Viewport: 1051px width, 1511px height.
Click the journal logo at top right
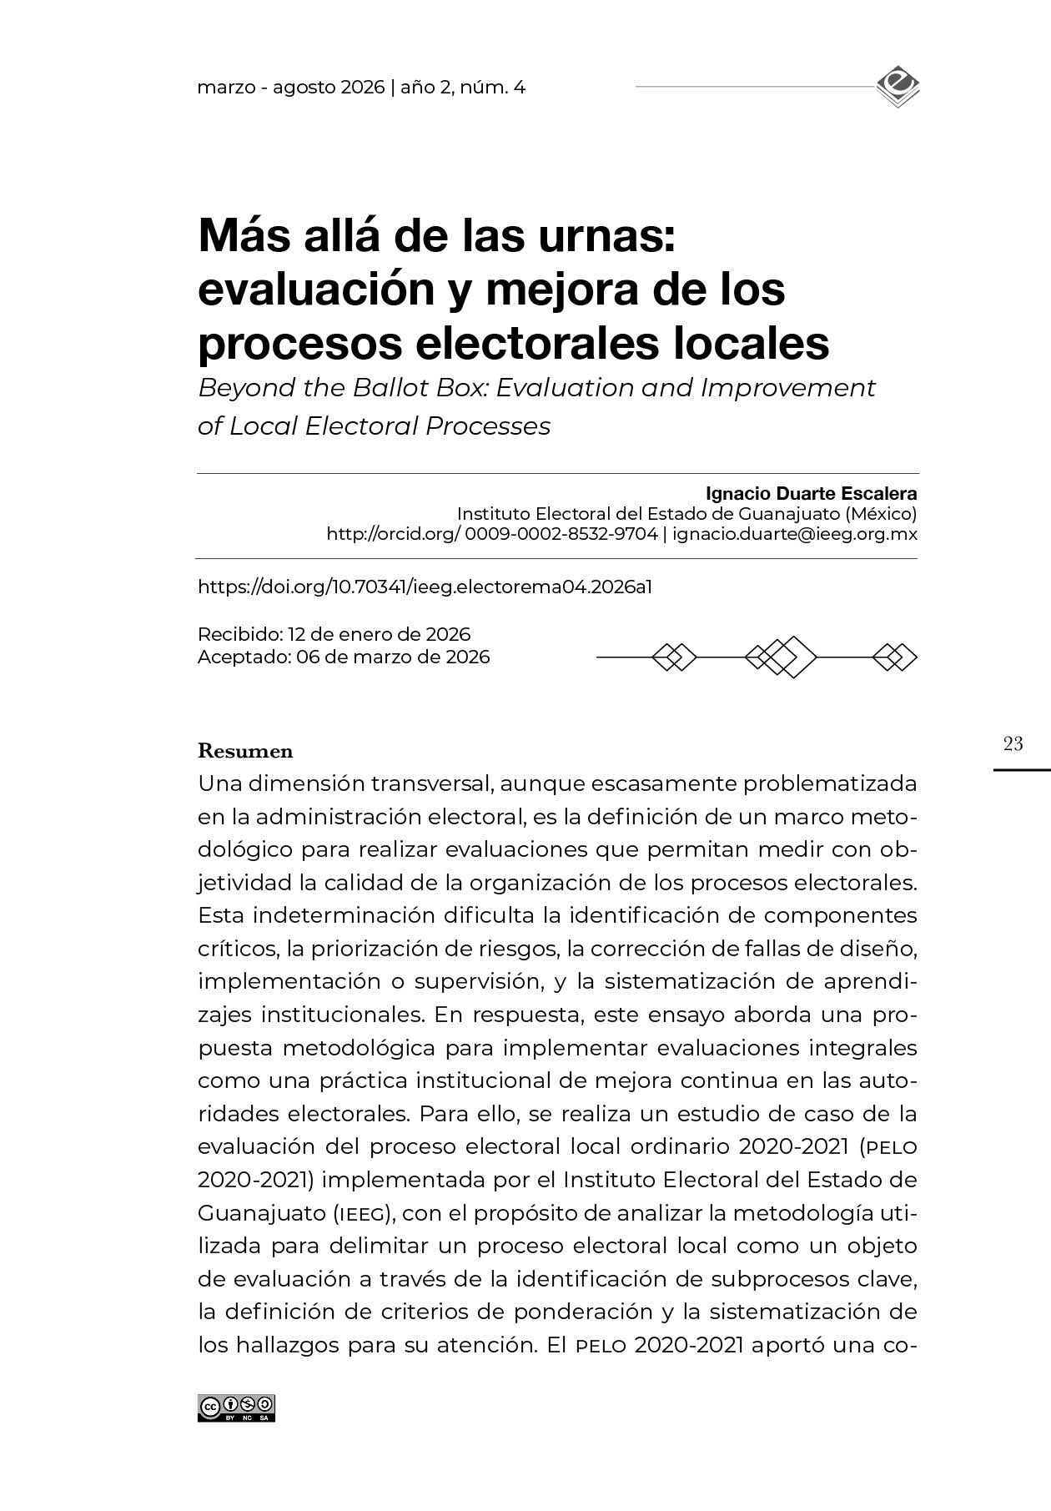(898, 88)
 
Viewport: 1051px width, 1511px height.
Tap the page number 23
(1013, 743)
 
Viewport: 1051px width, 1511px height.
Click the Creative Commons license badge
(236, 1408)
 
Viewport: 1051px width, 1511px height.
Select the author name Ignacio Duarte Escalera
(811, 493)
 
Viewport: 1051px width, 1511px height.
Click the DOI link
(425, 587)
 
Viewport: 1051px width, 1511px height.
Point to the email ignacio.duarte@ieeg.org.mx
(795, 534)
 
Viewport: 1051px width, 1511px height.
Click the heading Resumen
(245, 751)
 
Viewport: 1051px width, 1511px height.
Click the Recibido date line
(334, 634)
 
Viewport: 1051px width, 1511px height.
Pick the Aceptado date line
(344, 657)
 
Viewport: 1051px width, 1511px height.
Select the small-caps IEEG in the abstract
(359, 1212)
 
